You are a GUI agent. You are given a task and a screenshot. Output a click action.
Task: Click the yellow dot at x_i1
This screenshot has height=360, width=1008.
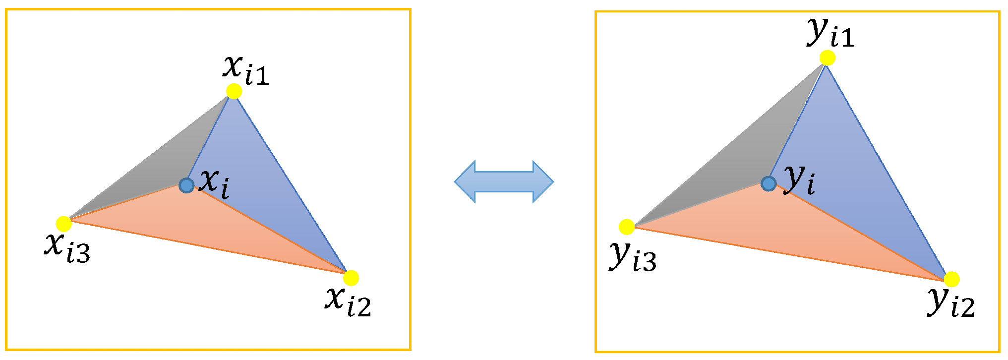234,91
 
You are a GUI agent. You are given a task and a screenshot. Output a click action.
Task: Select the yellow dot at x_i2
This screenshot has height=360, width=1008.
351,278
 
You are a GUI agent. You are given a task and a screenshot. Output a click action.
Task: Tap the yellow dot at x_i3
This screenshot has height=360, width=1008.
64,224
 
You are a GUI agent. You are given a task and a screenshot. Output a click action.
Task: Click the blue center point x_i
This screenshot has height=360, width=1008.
186,185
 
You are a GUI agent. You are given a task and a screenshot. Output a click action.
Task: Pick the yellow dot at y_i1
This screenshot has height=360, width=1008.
827,58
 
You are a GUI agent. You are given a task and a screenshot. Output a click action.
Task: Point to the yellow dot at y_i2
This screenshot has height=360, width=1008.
951,280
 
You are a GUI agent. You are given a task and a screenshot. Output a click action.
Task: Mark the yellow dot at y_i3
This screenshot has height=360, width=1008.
627,227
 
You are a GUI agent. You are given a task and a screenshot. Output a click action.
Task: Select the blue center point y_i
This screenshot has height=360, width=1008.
769,183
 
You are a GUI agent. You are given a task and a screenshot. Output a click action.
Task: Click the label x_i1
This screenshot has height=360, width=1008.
246,70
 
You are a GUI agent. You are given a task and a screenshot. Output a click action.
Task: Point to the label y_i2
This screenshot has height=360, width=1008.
951,302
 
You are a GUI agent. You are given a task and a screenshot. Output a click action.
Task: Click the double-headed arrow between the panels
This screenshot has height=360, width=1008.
504,181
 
